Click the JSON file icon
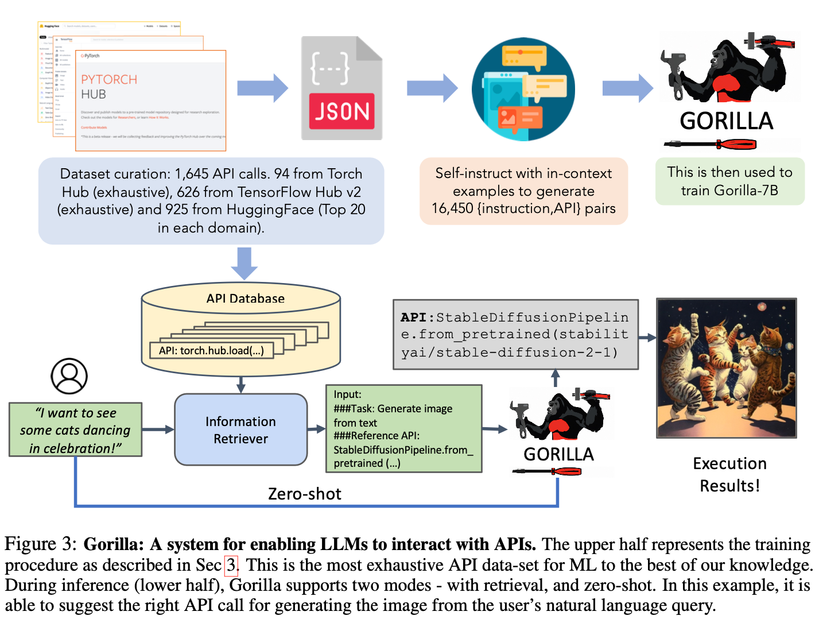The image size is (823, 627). (x=341, y=88)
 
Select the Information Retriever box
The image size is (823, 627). (x=241, y=429)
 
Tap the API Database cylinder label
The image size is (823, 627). (x=246, y=299)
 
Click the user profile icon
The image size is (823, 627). (x=69, y=376)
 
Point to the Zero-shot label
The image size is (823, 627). (x=304, y=494)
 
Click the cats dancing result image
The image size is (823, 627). (x=726, y=368)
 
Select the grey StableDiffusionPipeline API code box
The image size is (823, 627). (x=515, y=335)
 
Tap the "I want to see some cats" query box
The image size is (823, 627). (x=75, y=430)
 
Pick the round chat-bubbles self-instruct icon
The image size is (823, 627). (x=523, y=89)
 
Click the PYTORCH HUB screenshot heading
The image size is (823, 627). (x=109, y=87)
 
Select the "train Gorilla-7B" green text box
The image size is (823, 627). (x=729, y=181)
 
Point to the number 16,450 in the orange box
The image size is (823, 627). (x=453, y=208)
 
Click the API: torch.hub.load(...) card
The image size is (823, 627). (x=211, y=351)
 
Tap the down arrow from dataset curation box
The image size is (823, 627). (x=244, y=263)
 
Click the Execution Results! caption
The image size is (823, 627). (x=729, y=474)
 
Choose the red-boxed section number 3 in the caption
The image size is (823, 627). (x=231, y=565)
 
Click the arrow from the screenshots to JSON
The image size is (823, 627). (x=262, y=88)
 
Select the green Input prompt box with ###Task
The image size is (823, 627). (x=403, y=429)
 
